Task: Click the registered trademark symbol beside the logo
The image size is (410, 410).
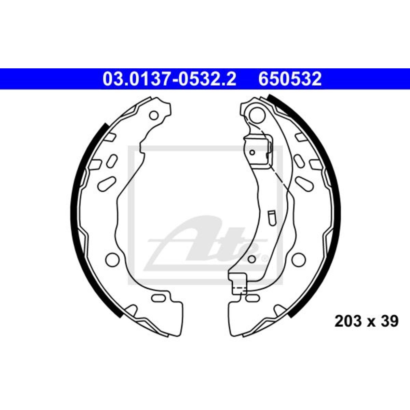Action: click(x=264, y=259)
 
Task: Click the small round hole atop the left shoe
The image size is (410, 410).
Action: click(x=154, y=116)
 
